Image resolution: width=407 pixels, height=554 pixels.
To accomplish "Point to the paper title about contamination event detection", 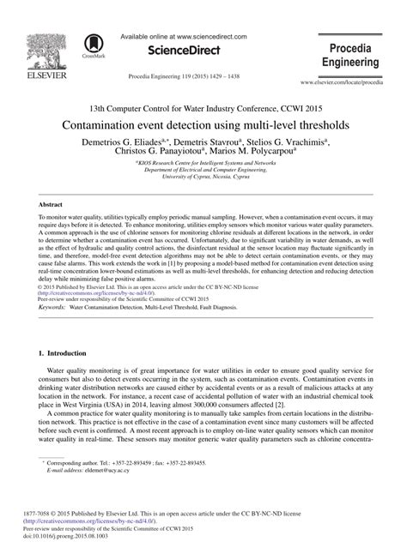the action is (203, 124).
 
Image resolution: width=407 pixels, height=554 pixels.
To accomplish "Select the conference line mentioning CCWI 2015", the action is (203, 108).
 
